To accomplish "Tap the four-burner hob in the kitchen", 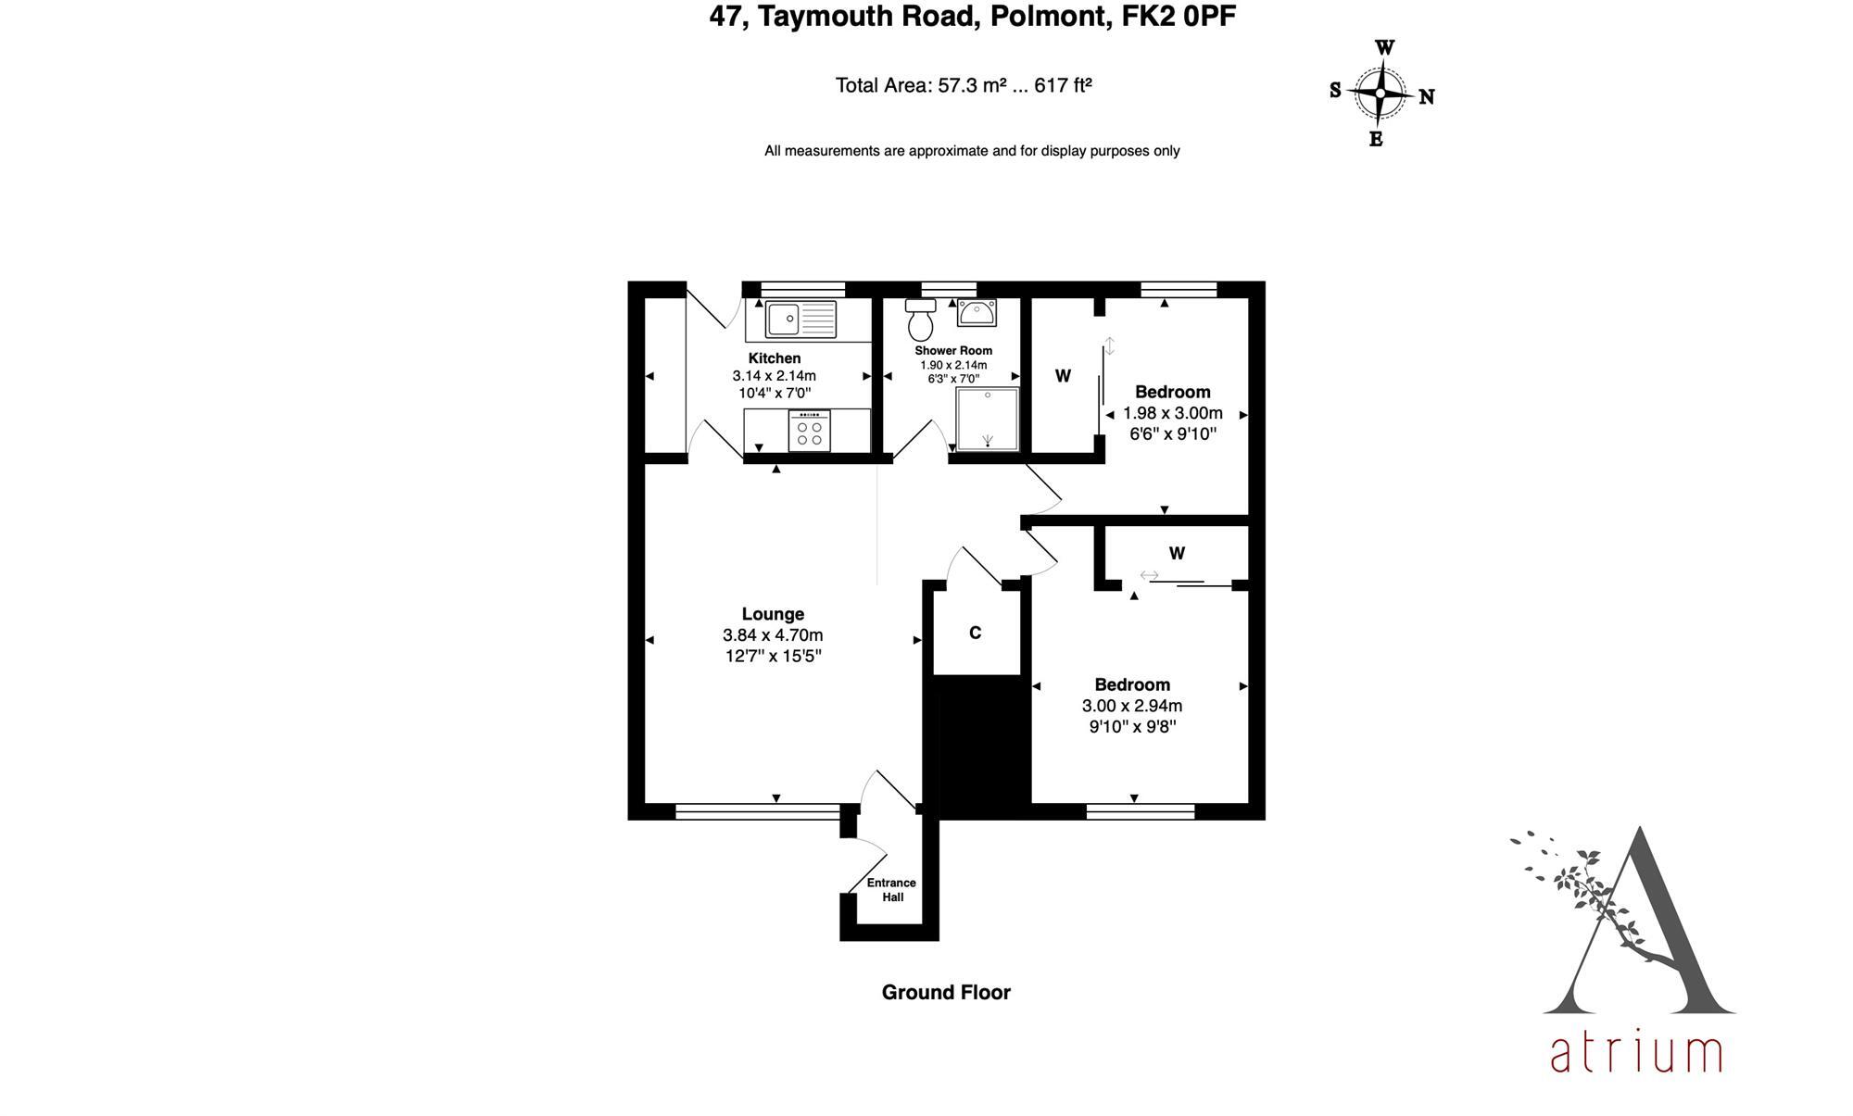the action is [x=809, y=433].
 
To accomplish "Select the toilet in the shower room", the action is [x=920, y=320].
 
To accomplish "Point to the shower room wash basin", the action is [x=977, y=313].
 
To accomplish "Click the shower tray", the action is [x=987, y=419].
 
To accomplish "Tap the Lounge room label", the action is [x=773, y=614].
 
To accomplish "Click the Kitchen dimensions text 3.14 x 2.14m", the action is [x=774, y=376].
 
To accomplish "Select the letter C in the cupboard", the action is [x=975, y=633].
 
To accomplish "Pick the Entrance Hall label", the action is [x=891, y=890].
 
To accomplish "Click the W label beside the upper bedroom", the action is [x=1063, y=376].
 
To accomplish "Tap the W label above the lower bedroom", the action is [x=1177, y=554].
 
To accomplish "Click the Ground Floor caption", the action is [x=945, y=993].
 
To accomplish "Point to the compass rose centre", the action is [x=1380, y=94].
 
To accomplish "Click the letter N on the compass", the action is [x=1427, y=96].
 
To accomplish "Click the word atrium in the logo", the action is [x=1635, y=1053].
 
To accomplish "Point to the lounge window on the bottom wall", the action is [x=757, y=812].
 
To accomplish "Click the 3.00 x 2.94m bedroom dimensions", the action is [x=1131, y=706].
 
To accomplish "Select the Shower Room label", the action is [x=952, y=351].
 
